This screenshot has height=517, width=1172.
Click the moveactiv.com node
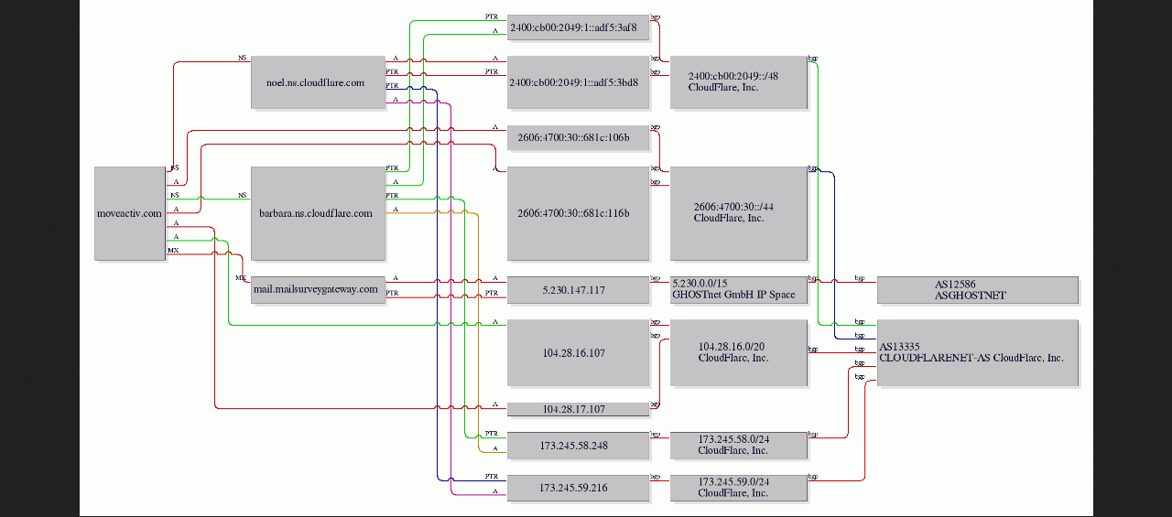[x=129, y=213]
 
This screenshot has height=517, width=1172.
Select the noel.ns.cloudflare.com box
[x=318, y=82]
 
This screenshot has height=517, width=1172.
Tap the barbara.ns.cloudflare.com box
[x=318, y=213]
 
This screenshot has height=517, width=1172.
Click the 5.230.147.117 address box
[x=578, y=290]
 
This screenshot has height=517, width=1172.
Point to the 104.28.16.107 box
[x=578, y=352]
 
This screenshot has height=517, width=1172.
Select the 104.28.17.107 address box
[x=578, y=409]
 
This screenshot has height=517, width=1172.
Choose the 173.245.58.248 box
[x=578, y=445]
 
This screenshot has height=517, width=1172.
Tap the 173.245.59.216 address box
[x=578, y=488]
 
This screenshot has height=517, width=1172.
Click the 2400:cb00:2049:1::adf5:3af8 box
[x=578, y=28]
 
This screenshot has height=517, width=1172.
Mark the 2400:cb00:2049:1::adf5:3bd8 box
[x=578, y=81]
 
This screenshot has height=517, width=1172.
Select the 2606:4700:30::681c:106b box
[x=578, y=138]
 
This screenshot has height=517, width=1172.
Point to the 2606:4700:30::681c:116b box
[x=578, y=213]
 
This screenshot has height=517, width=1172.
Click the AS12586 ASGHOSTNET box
[x=977, y=290]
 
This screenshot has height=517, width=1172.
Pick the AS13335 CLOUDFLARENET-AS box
[x=977, y=352]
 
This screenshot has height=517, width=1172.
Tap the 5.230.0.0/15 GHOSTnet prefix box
[x=738, y=290]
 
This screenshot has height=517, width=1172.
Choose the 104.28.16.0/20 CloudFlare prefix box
[x=738, y=352]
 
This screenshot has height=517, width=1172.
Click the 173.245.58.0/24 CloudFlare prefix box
[x=738, y=445]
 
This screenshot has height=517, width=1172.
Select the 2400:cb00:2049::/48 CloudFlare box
[x=738, y=82]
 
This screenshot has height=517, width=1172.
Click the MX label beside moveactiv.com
[x=173, y=250]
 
